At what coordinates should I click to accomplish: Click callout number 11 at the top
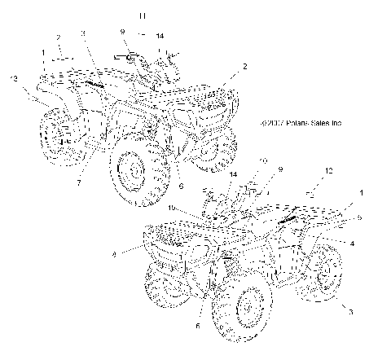[x=143, y=16]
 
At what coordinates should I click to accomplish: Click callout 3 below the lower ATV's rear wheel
[x=351, y=311]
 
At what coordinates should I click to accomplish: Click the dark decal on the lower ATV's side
[x=292, y=217]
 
